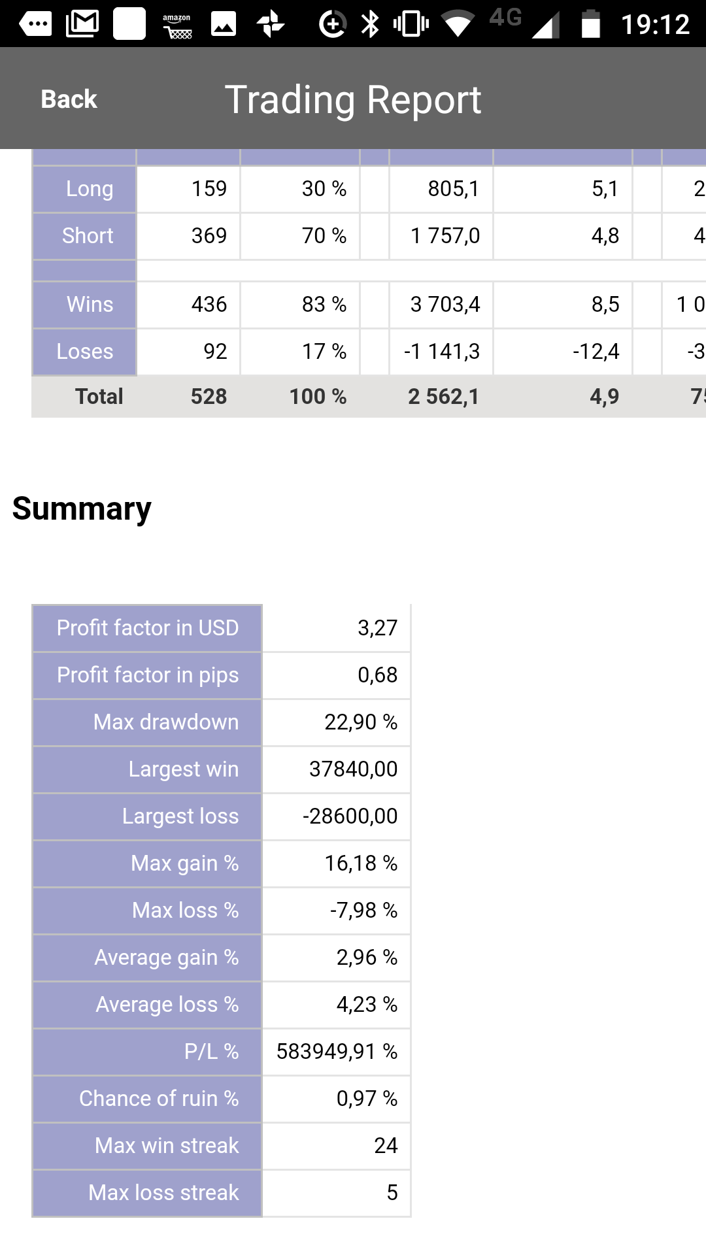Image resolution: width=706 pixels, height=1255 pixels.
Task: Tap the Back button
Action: [x=69, y=99]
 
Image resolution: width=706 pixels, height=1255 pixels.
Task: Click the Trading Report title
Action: [x=353, y=100]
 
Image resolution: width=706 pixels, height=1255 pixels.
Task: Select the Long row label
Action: [x=90, y=189]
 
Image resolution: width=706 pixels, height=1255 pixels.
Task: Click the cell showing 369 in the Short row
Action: [x=209, y=236]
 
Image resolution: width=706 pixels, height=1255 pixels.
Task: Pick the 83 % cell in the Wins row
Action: [x=324, y=305]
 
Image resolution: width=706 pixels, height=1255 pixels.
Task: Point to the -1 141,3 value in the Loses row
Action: [x=442, y=352]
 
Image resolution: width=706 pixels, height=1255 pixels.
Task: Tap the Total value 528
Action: [x=209, y=397]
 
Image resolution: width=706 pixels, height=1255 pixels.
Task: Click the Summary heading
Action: [x=82, y=509]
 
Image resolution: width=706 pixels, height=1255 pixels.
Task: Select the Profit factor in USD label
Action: [x=148, y=628]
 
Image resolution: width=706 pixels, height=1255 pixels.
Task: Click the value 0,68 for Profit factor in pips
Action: [x=378, y=675]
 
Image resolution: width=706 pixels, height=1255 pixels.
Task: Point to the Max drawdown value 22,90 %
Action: [x=361, y=722]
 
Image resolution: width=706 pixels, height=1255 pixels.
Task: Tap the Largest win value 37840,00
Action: [x=354, y=769]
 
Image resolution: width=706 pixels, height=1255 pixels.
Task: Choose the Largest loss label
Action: [x=180, y=816]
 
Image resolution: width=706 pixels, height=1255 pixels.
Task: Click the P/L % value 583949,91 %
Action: [x=337, y=1052]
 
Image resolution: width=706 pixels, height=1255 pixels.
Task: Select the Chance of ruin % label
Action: [x=159, y=1099]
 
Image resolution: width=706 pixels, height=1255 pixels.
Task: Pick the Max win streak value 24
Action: [x=386, y=1146]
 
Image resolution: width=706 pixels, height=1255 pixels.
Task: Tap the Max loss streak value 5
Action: [x=392, y=1193]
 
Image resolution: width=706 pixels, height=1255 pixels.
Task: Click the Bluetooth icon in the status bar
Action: [x=371, y=25]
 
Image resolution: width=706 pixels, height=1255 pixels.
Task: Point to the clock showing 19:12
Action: [x=655, y=25]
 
